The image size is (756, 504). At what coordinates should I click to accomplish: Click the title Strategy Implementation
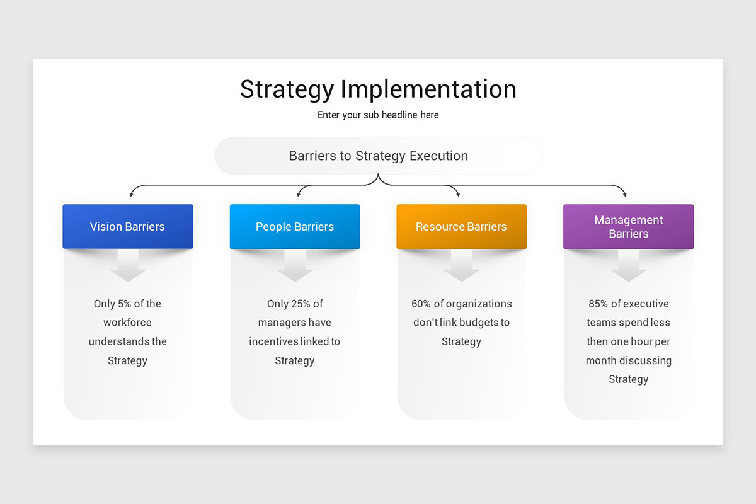[378, 89]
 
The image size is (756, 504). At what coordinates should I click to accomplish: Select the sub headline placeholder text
[378, 115]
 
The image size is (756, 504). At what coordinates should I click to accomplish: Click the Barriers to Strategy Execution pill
[378, 156]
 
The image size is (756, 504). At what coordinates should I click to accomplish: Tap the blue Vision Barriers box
[128, 227]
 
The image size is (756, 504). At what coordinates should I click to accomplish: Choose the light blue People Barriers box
[295, 227]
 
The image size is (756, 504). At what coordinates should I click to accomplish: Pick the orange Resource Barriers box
[461, 227]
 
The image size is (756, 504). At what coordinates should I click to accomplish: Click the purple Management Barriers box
[628, 227]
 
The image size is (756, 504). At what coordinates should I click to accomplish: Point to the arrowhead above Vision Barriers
[131, 195]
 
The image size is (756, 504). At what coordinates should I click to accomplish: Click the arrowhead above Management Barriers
[624, 195]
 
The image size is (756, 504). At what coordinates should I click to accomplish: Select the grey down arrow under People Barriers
[295, 267]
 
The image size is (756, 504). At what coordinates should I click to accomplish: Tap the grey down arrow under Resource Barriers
[461, 267]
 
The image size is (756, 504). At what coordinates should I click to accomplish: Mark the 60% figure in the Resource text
[421, 304]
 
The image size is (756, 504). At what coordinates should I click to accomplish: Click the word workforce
[128, 323]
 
